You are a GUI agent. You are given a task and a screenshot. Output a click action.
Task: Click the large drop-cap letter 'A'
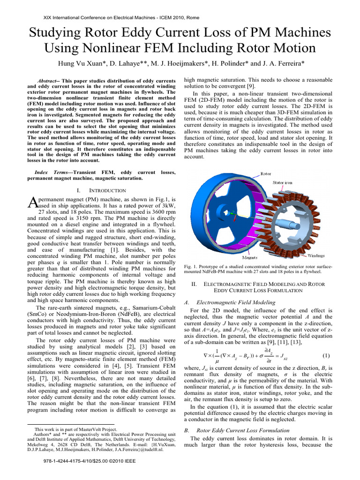[32, 202]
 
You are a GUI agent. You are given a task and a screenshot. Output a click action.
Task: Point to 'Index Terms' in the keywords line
[52, 172]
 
